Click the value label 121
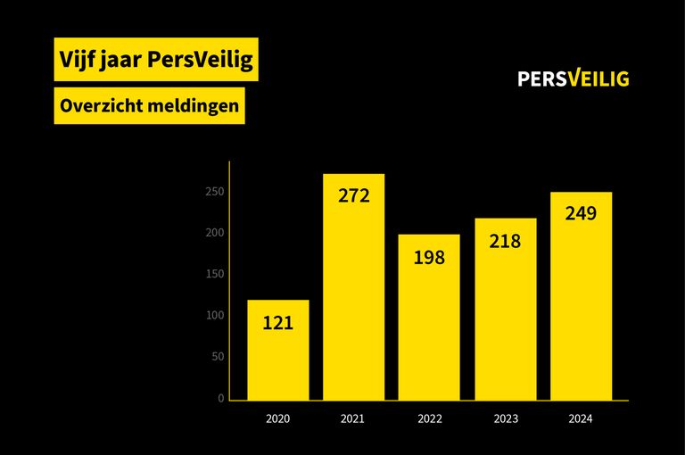coord(277,323)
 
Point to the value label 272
coord(353,195)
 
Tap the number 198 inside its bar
coord(429,258)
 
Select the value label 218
coord(505,241)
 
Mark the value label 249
coord(581,214)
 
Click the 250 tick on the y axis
coord(214,192)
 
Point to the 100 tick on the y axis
coord(214,316)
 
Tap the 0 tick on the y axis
coord(220,399)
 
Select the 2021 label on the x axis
coord(353,418)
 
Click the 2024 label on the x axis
coord(581,418)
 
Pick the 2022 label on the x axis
coord(429,418)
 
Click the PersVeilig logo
coord(573,79)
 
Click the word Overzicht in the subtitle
coord(98,105)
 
